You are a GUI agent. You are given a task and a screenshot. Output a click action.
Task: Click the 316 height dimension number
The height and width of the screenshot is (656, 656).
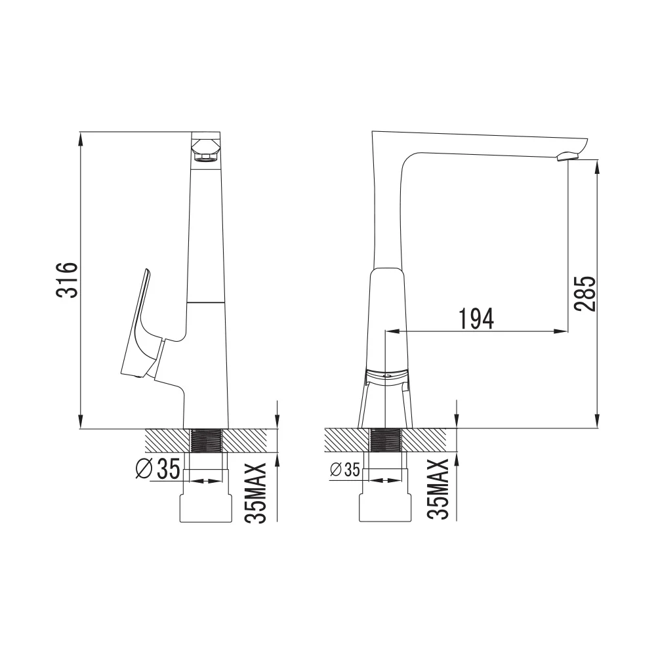pyautogui.click(x=67, y=280)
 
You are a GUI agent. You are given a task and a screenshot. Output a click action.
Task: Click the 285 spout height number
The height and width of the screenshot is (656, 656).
pyautogui.click(x=585, y=293)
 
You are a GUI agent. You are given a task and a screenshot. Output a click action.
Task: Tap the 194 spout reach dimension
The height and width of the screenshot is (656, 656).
pyautogui.click(x=476, y=319)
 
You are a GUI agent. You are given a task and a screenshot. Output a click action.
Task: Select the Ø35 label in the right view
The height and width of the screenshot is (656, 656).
pyautogui.click(x=345, y=470)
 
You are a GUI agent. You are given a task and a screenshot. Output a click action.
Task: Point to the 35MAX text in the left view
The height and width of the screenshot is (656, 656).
pyautogui.click(x=256, y=493)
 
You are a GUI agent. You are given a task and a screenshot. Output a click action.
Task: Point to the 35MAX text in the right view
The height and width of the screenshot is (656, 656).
pyautogui.click(x=438, y=489)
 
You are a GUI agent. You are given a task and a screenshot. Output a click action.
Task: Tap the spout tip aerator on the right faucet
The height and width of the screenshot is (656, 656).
pyautogui.click(x=567, y=157)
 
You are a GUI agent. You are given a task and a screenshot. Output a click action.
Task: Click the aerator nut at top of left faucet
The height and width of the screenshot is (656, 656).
pyautogui.click(x=205, y=150)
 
